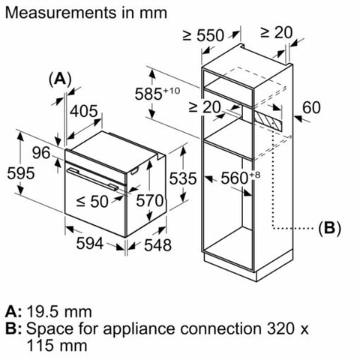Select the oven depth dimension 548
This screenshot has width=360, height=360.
(157, 244)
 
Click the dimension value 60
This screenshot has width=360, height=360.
(310, 108)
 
